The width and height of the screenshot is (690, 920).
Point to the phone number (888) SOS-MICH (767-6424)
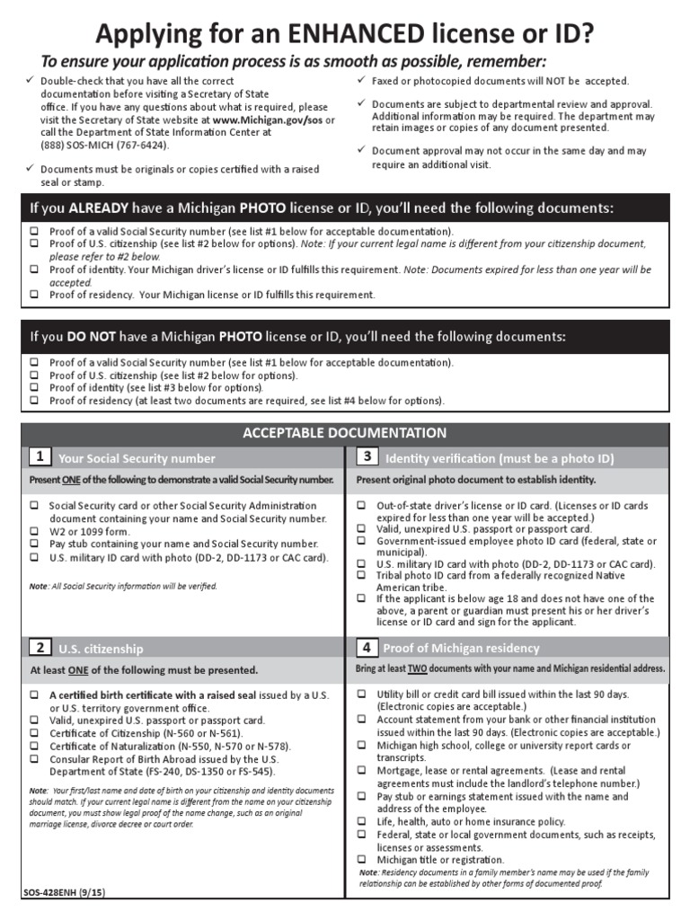click(x=104, y=145)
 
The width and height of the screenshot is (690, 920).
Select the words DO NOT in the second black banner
click(x=92, y=337)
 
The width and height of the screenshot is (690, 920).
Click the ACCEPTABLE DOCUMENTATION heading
click(x=345, y=433)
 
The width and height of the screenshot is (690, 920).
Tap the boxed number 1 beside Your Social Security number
click(x=39, y=457)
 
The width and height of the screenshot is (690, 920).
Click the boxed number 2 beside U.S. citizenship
click(x=39, y=647)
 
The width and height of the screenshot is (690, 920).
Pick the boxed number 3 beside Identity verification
click(x=367, y=457)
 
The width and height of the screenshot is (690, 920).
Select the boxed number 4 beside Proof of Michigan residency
click(x=367, y=647)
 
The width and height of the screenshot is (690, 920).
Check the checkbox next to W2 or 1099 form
click(x=34, y=531)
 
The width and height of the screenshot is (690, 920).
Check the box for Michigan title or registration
click(x=361, y=860)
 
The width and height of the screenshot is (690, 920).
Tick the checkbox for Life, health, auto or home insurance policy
click(x=361, y=821)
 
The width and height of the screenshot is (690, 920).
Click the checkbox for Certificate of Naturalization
click(x=34, y=746)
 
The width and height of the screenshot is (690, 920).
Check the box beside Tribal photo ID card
click(x=361, y=576)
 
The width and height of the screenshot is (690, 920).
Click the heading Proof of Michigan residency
click(x=461, y=648)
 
